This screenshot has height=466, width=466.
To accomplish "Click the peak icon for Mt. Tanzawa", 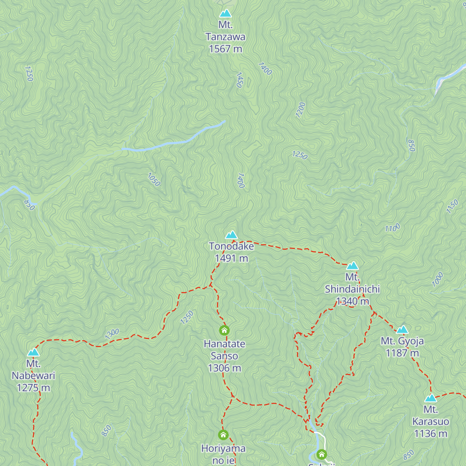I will pos(225,14).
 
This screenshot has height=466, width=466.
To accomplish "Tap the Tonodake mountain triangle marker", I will pos(231,235).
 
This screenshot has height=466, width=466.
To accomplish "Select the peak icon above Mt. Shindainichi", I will pos(352,266).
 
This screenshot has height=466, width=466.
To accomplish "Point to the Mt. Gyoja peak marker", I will pos(402,330).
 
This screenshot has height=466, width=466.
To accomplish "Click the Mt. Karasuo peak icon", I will pos(430,398).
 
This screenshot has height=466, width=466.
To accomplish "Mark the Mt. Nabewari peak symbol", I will pos(33,352).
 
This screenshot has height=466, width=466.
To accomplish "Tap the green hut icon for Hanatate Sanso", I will pos(224,330).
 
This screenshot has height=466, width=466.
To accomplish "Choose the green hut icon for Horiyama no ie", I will pos(223,435).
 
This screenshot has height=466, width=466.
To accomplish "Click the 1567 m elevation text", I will pos(225,49).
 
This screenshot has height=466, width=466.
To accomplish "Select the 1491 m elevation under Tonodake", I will pos(231,258).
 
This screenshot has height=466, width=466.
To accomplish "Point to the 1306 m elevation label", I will pos(224,368).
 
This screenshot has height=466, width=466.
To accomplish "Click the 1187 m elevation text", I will pos(402,353).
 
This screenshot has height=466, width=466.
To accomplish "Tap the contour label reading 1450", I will pos(240,80).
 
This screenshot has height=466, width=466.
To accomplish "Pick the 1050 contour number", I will pos(154,179).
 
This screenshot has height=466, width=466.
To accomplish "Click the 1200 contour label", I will pos(300,110).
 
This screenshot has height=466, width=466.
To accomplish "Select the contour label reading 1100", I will pos(392,228).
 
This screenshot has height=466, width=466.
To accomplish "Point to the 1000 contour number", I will pos(438,279).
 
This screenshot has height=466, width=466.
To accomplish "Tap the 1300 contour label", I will pos(112,334).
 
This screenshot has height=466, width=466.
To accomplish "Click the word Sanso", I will pos(224,356).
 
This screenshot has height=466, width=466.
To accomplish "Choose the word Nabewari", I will pos(33,376).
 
